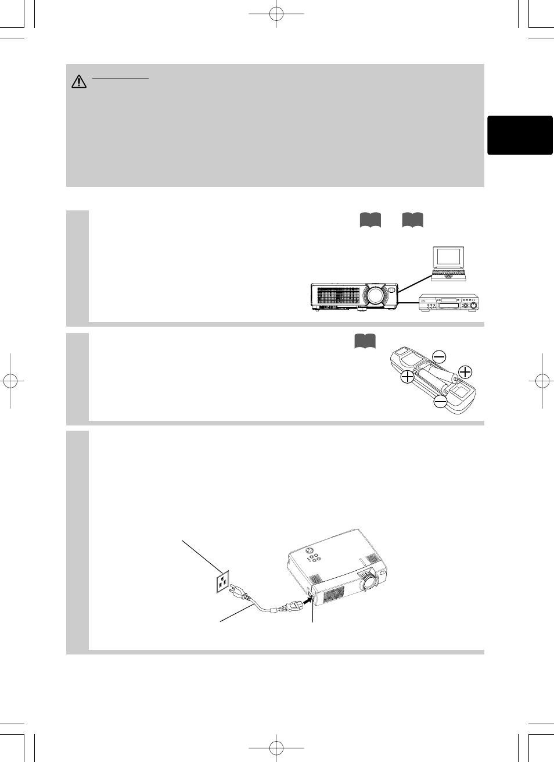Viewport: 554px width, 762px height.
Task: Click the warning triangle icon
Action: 78,82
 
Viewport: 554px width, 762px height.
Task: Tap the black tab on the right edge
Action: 520,135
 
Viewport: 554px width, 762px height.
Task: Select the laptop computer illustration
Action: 448,263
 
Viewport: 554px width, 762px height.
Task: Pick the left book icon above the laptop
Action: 370,220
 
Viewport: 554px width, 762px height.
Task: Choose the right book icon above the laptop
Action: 412,220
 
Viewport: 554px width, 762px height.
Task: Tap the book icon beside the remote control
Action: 365,341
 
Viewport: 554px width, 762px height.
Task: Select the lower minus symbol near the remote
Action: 441,401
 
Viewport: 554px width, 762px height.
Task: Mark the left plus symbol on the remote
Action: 407,377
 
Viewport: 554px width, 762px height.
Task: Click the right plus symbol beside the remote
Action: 465,372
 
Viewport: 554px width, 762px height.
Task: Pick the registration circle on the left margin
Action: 10,381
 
